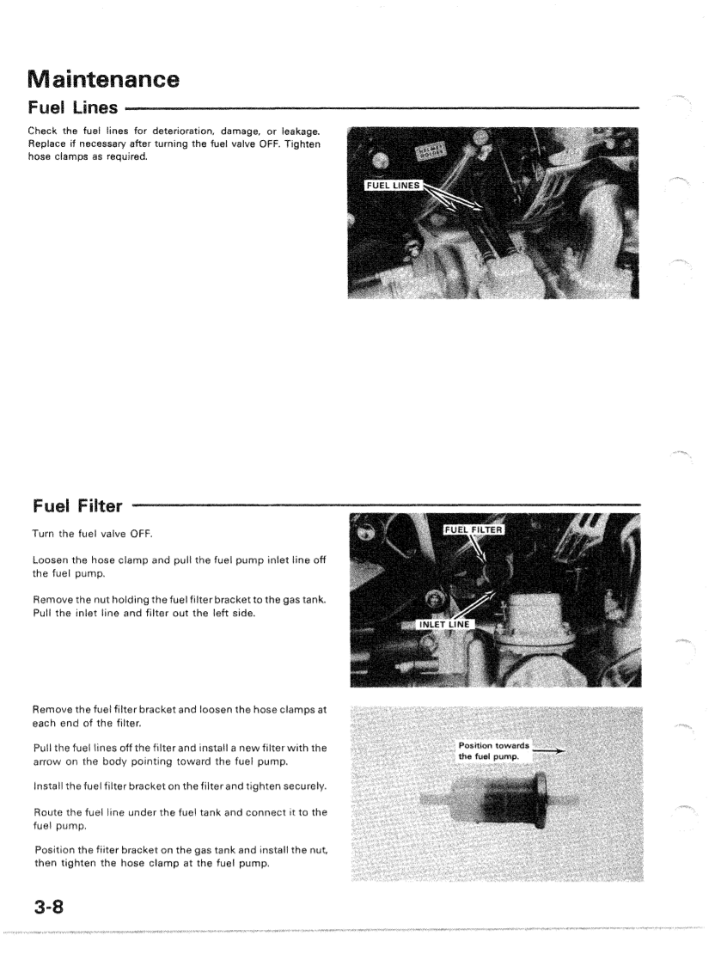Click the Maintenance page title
pyautogui.click(x=103, y=81)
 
